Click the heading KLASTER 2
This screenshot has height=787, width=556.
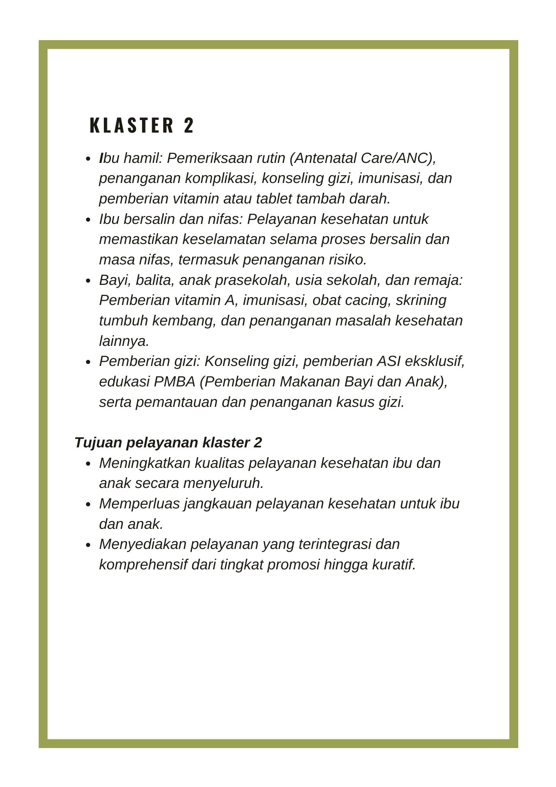[142, 126]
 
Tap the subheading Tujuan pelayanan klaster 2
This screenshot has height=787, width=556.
[168, 442]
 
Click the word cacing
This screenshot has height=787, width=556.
[369, 300]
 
